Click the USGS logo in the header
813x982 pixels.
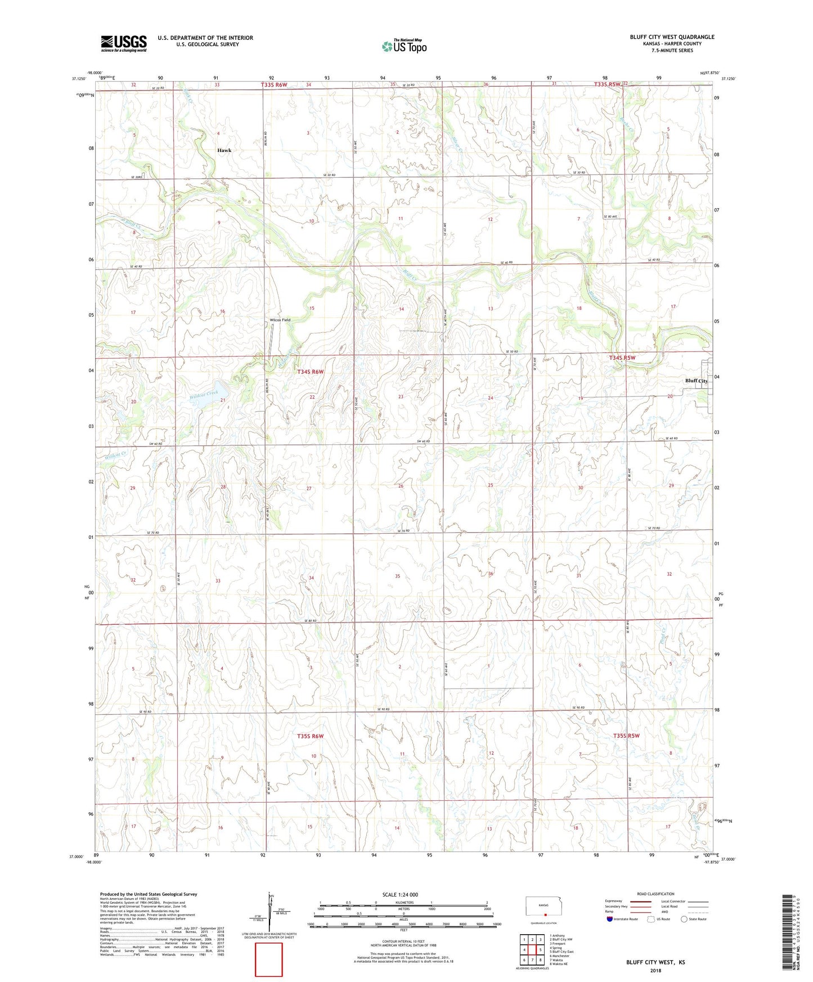(x=124, y=43)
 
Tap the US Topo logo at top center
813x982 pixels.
(x=405, y=46)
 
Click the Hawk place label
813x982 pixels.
(x=224, y=150)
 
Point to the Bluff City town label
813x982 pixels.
(x=696, y=381)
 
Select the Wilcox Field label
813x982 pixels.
(x=280, y=319)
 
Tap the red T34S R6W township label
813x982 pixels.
(x=311, y=372)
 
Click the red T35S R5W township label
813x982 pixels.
(x=626, y=736)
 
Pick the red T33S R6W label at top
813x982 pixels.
(x=274, y=85)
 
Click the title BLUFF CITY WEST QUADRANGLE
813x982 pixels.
(x=672, y=37)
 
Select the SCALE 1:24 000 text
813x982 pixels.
(x=400, y=895)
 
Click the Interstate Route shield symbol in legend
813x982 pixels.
(x=609, y=919)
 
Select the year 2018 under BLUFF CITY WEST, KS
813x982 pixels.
(x=655, y=970)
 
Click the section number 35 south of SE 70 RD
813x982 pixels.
(x=397, y=576)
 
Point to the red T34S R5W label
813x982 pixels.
(x=622, y=358)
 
